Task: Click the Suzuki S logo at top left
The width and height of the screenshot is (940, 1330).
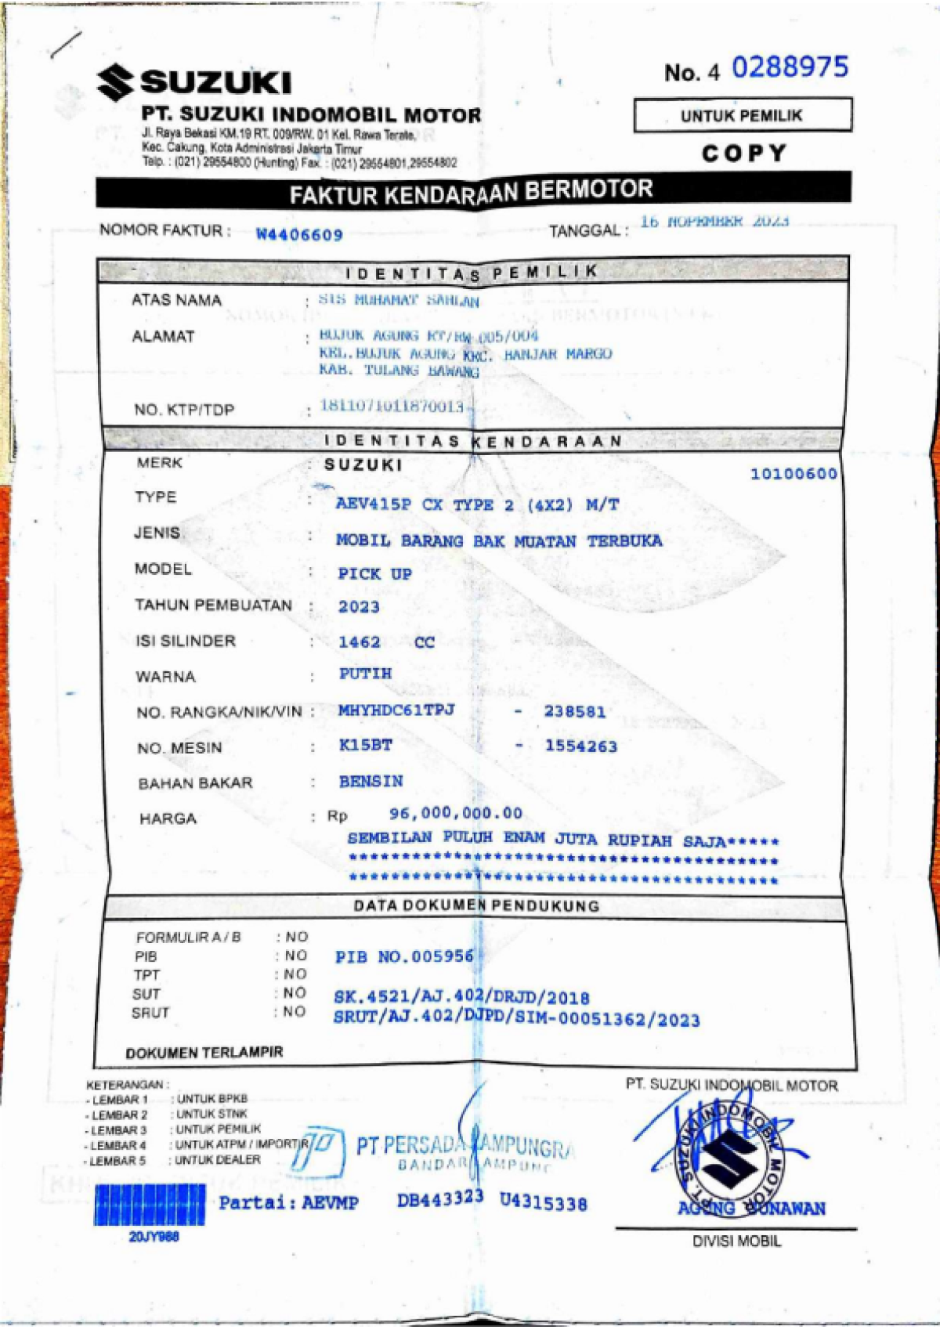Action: (x=114, y=82)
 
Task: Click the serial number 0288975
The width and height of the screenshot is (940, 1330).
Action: (x=790, y=67)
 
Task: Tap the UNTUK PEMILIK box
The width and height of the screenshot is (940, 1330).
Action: (x=742, y=116)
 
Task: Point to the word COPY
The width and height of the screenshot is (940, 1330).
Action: (x=743, y=153)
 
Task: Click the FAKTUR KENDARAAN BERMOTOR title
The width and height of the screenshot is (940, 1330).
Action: (x=471, y=192)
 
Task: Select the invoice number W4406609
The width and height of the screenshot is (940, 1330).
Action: (x=299, y=234)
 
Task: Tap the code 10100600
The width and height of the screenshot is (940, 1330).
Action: (x=794, y=473)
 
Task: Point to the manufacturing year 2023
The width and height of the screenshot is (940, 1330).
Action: (x=359, y=606)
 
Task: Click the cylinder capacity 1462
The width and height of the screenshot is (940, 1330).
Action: (x=359, y=642)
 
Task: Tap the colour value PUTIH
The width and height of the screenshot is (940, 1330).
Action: (x=365, y=674)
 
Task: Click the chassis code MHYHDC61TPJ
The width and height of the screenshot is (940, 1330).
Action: (x=396, y=710)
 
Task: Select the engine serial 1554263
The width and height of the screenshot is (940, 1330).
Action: (x=581, y=746)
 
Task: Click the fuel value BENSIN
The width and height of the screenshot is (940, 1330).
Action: (x=371, y=781)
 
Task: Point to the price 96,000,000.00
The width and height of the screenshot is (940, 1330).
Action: (x=455, y=813)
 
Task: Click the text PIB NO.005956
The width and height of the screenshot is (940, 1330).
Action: (x=404, y=956)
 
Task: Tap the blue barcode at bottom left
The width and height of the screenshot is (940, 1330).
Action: (x=150, y=1205)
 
